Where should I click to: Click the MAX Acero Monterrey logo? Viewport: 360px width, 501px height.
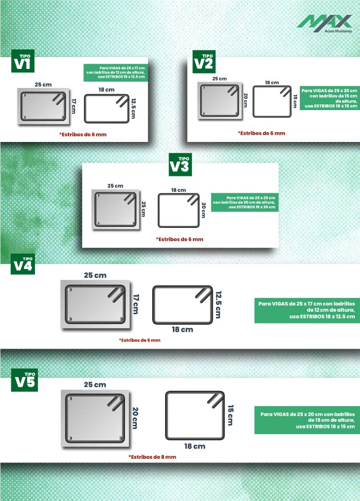click(x=325, y=24)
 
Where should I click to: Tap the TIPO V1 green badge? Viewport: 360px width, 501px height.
click(x=23, y=61)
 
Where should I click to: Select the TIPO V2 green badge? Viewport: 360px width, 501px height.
click(x=204, y=62)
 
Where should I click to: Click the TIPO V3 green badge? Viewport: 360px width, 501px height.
click(x=180, y=165)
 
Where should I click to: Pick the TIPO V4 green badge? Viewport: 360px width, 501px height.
click(x=23, y=264)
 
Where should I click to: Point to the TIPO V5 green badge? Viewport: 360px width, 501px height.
click(x=25, y=380)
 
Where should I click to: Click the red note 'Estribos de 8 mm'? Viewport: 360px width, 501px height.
click(x=152, y=457)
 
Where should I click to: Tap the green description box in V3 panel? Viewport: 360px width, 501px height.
click(x=245, y=202)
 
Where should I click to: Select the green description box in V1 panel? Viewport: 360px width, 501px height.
click(x=116, y=73)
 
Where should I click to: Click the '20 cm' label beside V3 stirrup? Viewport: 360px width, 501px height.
click(x=204, y=210)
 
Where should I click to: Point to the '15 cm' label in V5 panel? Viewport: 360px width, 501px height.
click(x=230, y=415)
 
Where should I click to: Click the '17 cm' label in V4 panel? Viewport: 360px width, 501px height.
click(x=136, y=304)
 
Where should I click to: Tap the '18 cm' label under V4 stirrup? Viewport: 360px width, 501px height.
click(x=183, y=329)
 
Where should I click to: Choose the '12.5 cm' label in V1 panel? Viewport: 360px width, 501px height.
click(x=133, y=109)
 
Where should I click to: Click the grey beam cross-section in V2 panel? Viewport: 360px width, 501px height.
click(x=220, y=101)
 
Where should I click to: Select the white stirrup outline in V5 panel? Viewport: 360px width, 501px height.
click(x=166, y=416)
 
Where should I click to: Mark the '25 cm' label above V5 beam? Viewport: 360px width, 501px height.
click(x=95, y=385)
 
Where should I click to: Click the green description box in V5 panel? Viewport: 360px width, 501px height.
click(x=307, y=420)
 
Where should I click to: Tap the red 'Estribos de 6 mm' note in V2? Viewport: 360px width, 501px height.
click(x=261, y=133)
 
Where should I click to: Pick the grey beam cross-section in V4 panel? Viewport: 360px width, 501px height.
click(x=95, y=304)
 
